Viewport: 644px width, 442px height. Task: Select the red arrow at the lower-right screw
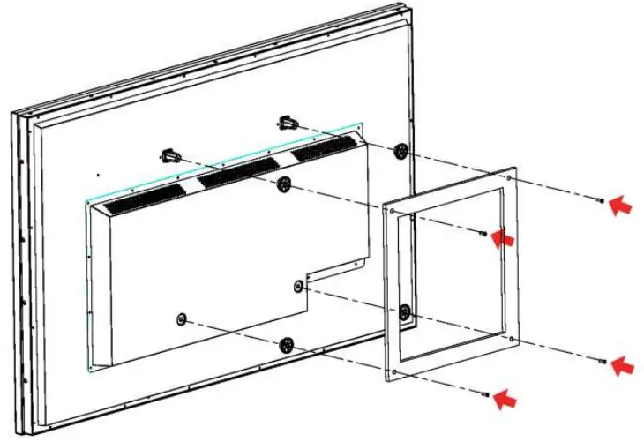pyautogui.click(x=622, y=363)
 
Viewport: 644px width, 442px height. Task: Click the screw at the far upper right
pyautogui.click(x=601, y=201)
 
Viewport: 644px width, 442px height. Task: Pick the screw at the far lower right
pyautogui.click(x=603, y=361)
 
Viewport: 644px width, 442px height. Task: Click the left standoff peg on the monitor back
pyautogui.click(x=171, y=156)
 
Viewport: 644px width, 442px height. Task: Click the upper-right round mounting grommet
pyautogui.click(x=401, y=151)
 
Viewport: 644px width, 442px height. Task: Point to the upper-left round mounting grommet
pyautogui.click(x=283, y=184)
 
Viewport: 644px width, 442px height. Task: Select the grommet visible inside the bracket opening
pyautogui.click(x=404, y=311)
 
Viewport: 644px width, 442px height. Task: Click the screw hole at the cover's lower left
pyautogui.click(x=181, y=318)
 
